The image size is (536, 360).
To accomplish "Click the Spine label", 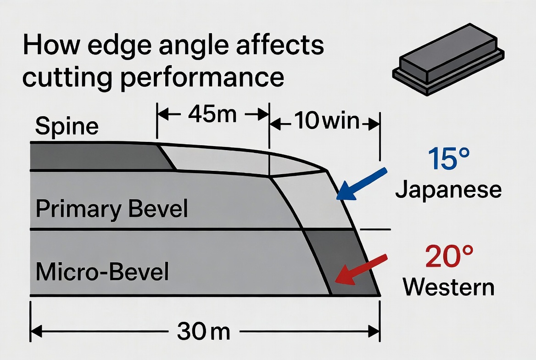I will (x=67, y=126).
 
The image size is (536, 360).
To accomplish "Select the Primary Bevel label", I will (x=112, y=209).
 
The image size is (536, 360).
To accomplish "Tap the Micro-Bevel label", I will (x=102, y=271).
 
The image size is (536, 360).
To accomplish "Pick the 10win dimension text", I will (x=326, y=122).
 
